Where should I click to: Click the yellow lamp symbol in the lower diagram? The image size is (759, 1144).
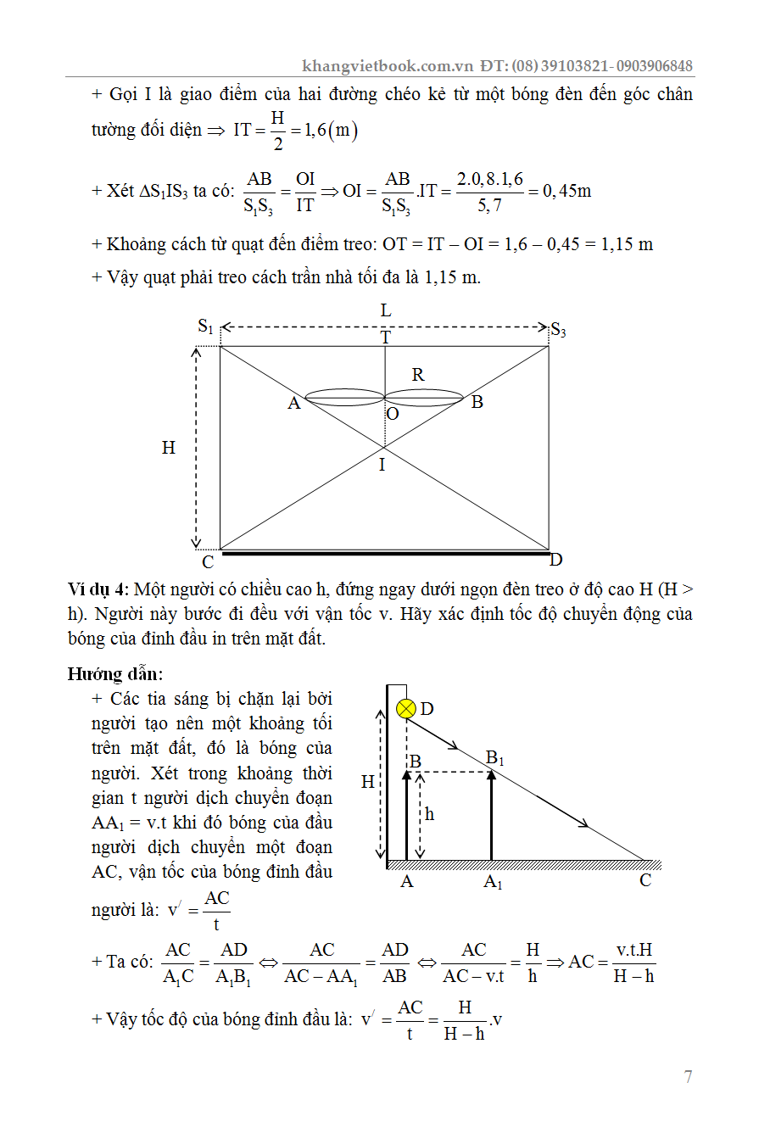click(x=407, y=708)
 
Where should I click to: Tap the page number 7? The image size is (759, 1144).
click(x=688, y=1077)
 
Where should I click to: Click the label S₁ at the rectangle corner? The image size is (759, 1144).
click(x=206, y=326)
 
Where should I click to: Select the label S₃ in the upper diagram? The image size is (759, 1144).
click(x=558, y=329)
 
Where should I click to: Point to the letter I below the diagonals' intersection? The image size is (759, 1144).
click(x=382, y=465)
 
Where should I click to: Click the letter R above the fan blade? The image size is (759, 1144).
click(x=417, y=374)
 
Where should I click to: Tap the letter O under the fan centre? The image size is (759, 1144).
click(x=392, y=414)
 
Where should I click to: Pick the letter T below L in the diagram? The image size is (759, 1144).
click(x=385, y=338)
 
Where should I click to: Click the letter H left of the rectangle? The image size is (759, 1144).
click(x=169, y=447)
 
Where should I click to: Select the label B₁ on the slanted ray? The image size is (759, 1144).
click(x=494, y=757)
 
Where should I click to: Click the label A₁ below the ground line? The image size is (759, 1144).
click(x=493, y=883)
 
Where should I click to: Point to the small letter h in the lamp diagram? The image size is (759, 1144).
click(x=429, y=814)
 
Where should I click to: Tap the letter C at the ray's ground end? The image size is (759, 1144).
click(x=645, y=880)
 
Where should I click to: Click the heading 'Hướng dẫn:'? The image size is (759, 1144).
click(x=115, y=674)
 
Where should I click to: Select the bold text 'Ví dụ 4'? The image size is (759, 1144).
click(x=98, y=589)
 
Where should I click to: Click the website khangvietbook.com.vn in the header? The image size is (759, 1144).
click(x=387, y=66)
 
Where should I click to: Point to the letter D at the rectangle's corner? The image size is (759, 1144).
click(x=556, y=560)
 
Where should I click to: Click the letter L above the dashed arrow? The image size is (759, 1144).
click(x=386, y=311)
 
